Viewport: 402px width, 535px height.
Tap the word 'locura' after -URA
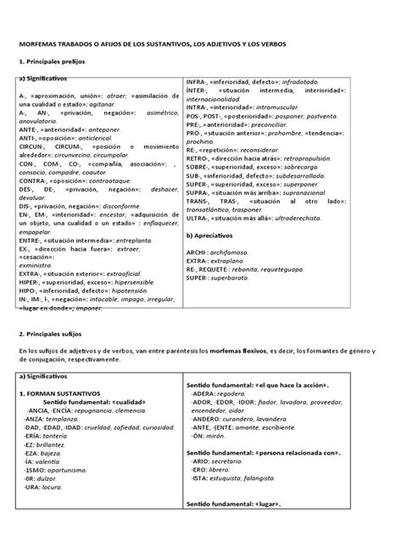coord(57,490)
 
